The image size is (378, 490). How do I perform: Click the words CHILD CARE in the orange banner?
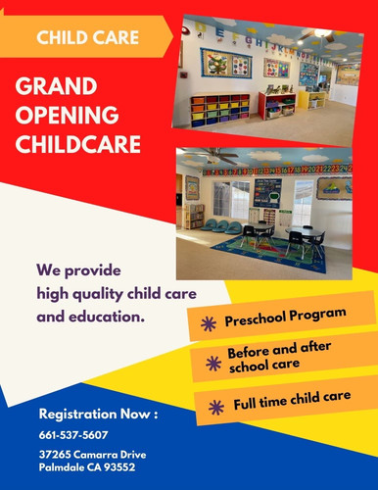coord(87,38)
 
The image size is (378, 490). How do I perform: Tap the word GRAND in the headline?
coord(57,89)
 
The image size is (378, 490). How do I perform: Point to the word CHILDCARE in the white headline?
coord(78,146)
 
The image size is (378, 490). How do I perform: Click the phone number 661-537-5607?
coord(73,434)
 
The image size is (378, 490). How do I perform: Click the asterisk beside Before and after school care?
coord(213,362)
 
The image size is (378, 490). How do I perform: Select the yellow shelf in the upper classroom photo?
coord(315,98)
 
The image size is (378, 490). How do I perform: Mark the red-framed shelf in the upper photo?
coord(277,103)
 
